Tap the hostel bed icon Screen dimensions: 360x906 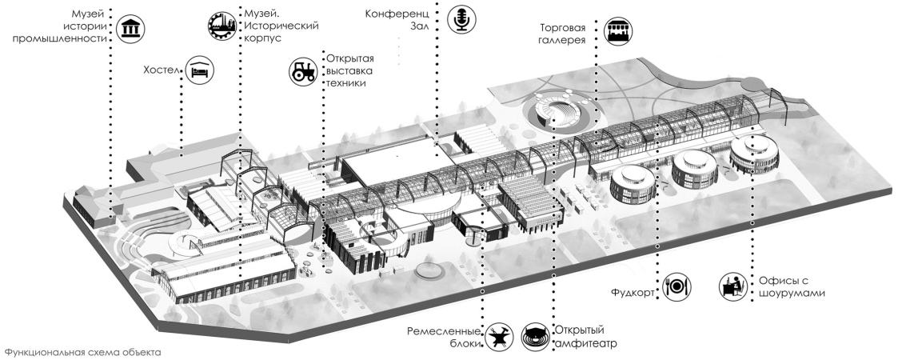[200, 70]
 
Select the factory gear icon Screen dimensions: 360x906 [222, 26]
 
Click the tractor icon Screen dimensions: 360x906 [303, 71]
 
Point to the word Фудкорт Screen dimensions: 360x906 [637, 294]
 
